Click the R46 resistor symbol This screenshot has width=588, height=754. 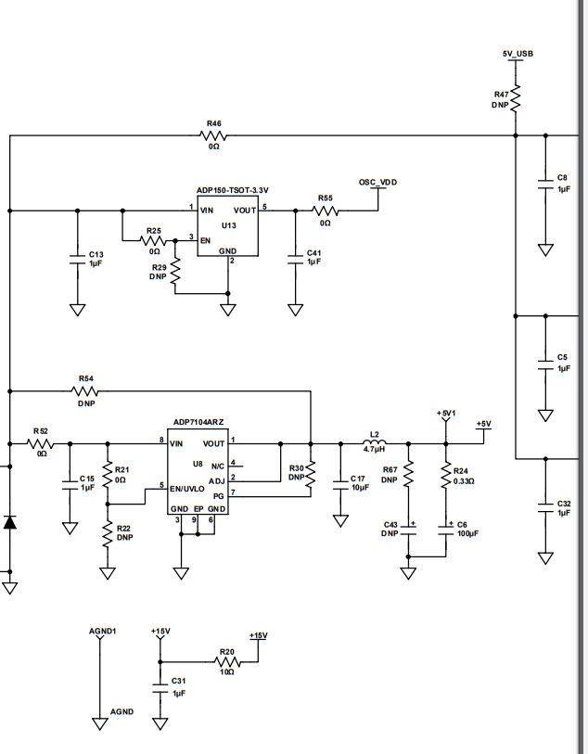pyautogui.click(x=213, y=135)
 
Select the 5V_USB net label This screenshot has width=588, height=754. pyautogui.click(x=518, y=54)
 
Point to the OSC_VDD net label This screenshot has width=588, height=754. pyautogui.click(x=377, y=183)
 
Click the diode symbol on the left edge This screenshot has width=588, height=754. pyautogui.click(x=10, y=522)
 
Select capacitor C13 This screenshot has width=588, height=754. pyautogui.click(x=77, y=259)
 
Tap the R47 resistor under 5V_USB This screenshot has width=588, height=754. pyautogui.click(x=517, y=98)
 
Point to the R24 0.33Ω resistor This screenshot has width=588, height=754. pyautogui.click(x=446, y=476)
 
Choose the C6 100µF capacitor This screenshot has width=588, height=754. pyautogui.click(x=446, y=529)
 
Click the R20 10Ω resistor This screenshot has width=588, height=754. pyautogui.click(x=226, y=662)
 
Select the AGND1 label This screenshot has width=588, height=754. pyautogui.click(x=102, y=631)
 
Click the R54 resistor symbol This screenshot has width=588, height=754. pyautogui.click(x=86, y=390)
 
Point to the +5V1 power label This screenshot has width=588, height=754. pyautogui.click(x=446, y=414)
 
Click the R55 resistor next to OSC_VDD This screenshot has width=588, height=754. pyautogui.click(x=326, y=211)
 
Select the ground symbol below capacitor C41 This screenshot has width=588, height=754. pyautogui.click(x=295, y=310)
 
